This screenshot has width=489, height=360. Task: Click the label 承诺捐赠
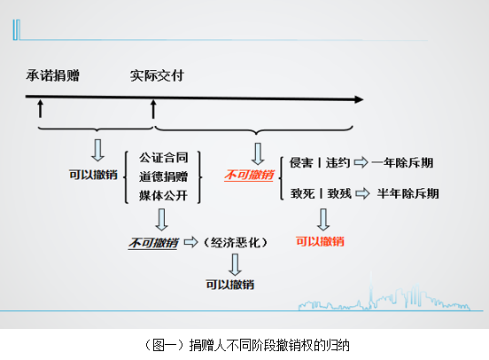point(52,75)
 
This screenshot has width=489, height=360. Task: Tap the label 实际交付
point(157,75)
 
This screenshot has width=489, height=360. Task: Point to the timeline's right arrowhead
point(359,99)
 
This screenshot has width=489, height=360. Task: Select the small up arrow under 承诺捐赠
point(40,109)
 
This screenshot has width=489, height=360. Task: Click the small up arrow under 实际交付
point(153,109)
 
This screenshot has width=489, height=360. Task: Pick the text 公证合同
point(163,158)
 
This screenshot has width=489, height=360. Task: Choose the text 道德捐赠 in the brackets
point(163,176)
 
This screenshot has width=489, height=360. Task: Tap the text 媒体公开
point(163,196)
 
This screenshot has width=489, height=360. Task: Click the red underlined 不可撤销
point(249,175)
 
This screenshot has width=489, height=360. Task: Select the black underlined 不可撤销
point(153,243)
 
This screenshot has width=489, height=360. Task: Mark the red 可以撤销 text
point(320,241)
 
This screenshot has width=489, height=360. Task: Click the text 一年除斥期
point(402,162)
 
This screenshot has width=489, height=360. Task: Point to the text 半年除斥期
point(407,193)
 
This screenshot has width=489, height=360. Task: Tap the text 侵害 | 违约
point(319,162)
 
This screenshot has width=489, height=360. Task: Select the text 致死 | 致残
point(321,193)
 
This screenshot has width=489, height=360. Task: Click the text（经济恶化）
point(236,242)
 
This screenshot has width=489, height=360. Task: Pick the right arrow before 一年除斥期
point(361,162)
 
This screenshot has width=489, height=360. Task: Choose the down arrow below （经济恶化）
point(235,264)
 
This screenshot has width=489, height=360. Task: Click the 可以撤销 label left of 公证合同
point(93,175)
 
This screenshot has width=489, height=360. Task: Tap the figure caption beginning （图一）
point(247,345)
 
